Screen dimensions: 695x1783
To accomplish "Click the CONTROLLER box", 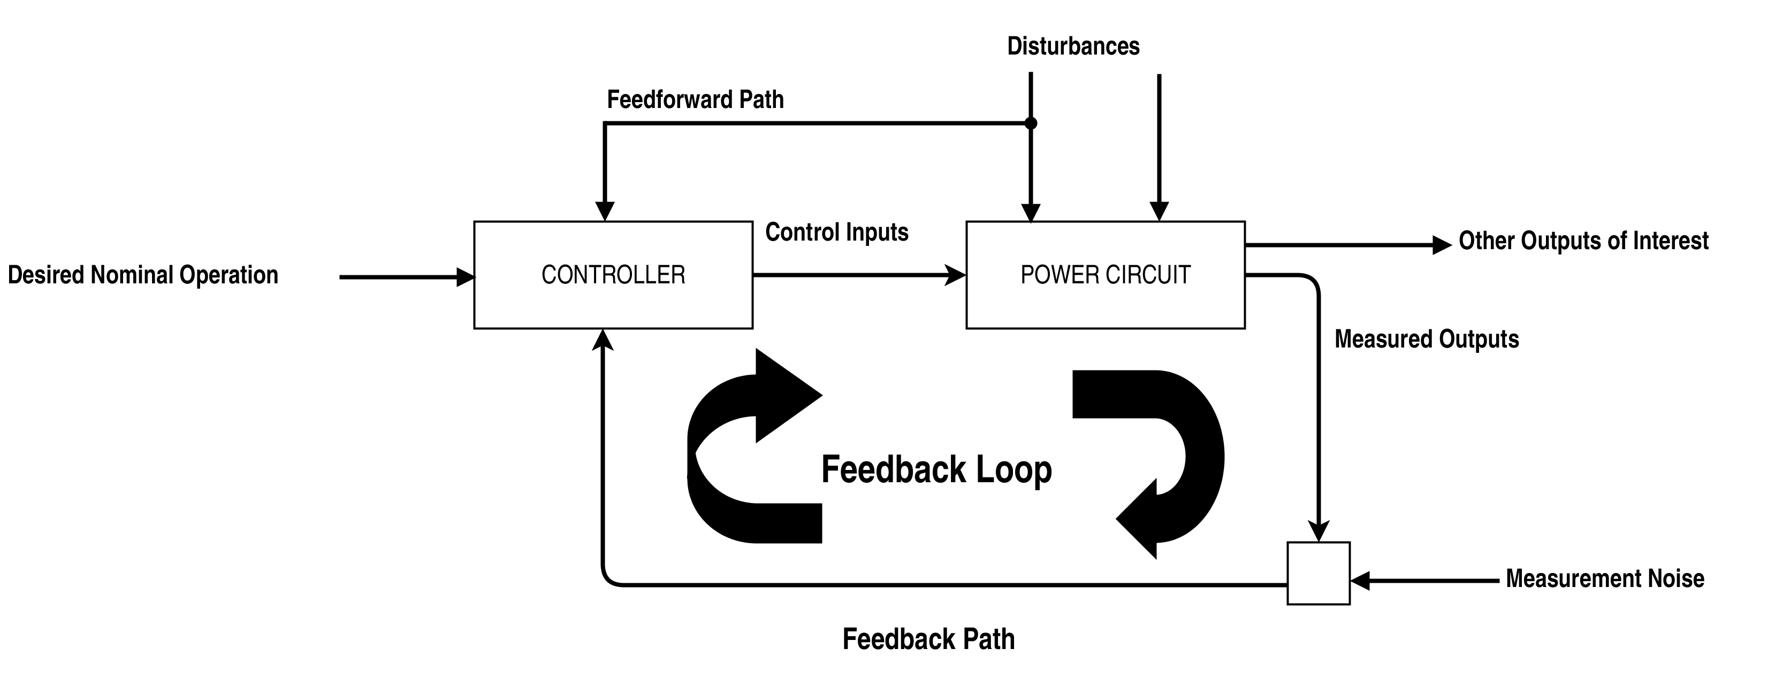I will pyautogui.click(x=613, y=275).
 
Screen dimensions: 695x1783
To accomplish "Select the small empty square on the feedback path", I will pyautogui.click(x=1318, y=573).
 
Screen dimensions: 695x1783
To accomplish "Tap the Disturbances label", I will pyautogui.click(x=1073, y=47).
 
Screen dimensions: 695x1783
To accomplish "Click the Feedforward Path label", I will pyautogui.click(x=695, y=99).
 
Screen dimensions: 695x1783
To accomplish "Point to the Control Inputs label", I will pyautogui.click(x=836, y=233).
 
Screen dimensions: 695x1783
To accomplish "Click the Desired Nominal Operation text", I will pyautogui.click(x=142, y=275).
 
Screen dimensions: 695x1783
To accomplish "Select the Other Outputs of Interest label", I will pyautogui.click(x=1583, y=241).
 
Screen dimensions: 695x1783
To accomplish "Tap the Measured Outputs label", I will pyautogui.click(x=1426, y=339).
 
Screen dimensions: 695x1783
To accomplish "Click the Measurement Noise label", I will pyautogui.click(x=1604, y=578).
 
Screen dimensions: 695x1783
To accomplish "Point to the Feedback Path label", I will pyautogui.click(x=928, y=639).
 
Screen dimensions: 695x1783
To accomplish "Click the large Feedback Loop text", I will pyautogui.click(x=936, y=469).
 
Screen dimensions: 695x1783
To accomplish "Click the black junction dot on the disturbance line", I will pyautogui.click(x=1031, y=123).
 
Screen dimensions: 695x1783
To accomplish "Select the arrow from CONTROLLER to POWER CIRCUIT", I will pyautogui.click(x=858, y=275).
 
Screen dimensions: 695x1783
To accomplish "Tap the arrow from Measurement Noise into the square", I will pyautogui.click(x=1426, y=581).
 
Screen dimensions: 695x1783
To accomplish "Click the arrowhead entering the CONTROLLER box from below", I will pyautogui.click(x=604, y=340).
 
